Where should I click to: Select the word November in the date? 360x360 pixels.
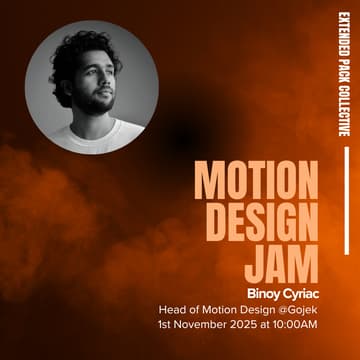click(x=207, y=324)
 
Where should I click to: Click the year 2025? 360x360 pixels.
click(x=253, y=324)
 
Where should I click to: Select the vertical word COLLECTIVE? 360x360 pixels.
click(x=342, y=116)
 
